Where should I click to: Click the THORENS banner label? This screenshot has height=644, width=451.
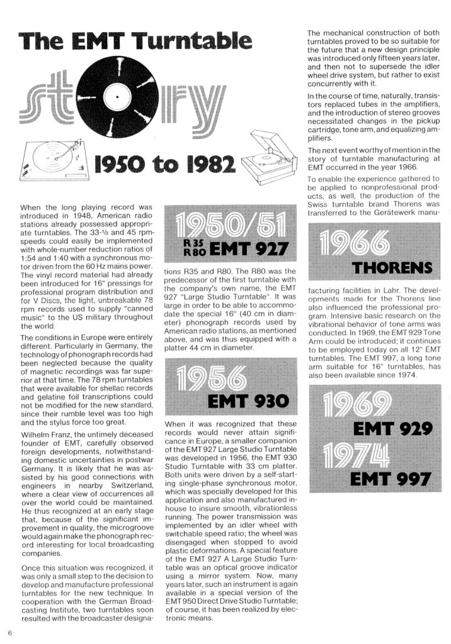391,269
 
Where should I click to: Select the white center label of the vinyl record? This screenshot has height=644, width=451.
116,97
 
